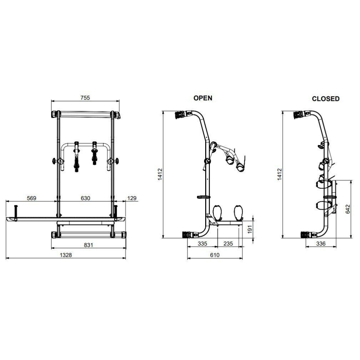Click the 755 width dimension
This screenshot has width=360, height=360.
(x=85, y=98)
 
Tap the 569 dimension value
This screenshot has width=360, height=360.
(x=32, y=198)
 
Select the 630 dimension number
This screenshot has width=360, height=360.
(x=85, y=198)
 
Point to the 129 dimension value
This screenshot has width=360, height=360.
(x=132, y=198)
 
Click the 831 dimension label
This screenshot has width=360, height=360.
(x=89, y=245)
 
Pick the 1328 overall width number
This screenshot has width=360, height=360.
(x=66, y=255)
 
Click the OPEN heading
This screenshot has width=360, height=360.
(x=203, y=98)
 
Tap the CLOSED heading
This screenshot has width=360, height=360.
(x=325, y=99)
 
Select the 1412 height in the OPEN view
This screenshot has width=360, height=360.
(x=160, y=175)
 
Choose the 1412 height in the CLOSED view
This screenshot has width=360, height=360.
(x=279, y=175)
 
